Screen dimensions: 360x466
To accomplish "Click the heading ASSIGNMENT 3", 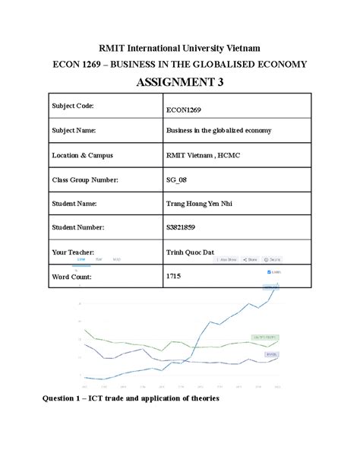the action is pos(179,82).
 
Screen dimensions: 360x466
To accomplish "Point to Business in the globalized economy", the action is pos(219,131).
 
